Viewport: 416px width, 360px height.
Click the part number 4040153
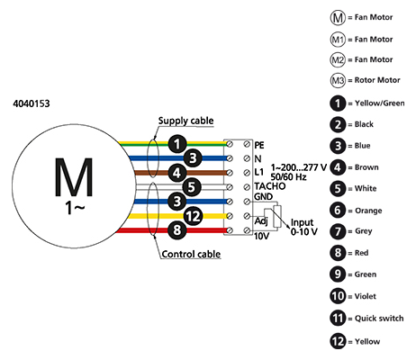click(x=32, y=103)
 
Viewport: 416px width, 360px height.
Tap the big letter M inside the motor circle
click(x=74, y=177)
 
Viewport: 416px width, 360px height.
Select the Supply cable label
click(x=185, y=121)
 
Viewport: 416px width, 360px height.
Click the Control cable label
click(x=191, y=254)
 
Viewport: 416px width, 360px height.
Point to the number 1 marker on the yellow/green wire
click(x=177, y=144)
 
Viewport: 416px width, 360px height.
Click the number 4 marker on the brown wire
click(x=177, y=173)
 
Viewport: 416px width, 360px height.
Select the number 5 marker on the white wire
click(x=192, y=187)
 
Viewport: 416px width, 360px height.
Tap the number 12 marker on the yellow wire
click(x=193, y=216)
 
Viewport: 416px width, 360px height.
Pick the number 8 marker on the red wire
click(x=177, y=230)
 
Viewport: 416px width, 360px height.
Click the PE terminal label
click(x=259, y=145)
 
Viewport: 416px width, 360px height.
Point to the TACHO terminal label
click(x=270, y=186)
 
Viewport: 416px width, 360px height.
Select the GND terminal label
click(x=264, y=197)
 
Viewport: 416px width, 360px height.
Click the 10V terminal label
click(x=261, y=237)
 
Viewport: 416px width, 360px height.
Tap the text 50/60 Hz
click(x=288, y=177)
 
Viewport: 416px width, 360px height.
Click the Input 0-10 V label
click(x=303, y=227)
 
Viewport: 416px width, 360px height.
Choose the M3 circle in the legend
click(x=338, y=80)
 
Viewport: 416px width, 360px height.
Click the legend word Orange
click(x=368, y=211)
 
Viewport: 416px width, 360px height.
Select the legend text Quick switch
click(x=379, y=318)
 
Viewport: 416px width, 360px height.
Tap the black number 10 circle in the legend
click(x=338, y=296)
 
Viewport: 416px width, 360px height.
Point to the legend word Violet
click(x=366, y=296)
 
